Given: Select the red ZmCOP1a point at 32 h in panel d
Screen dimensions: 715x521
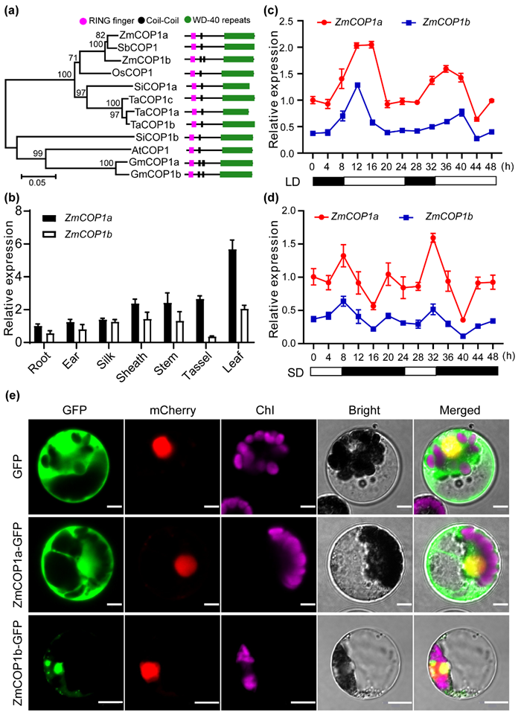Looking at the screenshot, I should (432, 239).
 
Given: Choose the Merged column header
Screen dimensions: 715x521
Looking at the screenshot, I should (460, 410).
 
